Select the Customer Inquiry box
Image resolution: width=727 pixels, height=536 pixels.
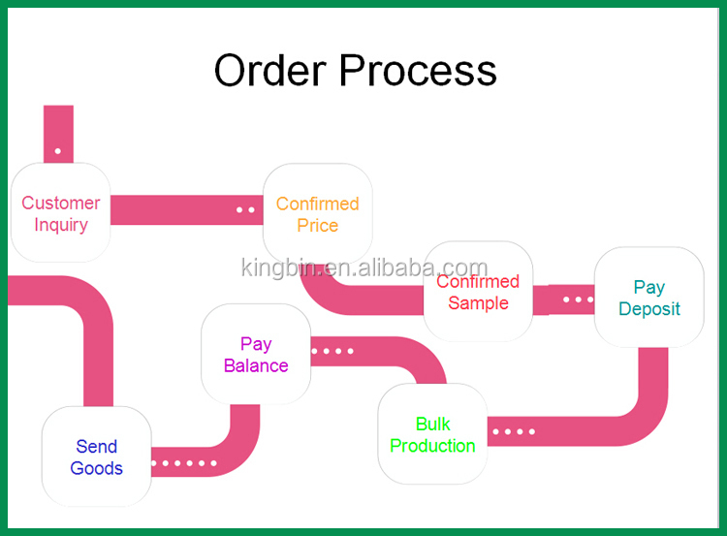(x=60, y=213)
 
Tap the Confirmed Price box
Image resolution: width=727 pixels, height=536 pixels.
(x=317, y=214)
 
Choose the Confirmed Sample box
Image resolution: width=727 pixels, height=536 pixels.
(x=478, y=292)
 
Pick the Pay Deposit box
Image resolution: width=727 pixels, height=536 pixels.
(x=648, y=298)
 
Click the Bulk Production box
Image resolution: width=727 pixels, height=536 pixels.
(x=432, y=434)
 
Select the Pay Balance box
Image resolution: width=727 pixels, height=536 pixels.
(x=256, y=355)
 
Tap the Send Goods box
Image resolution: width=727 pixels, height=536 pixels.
(x=96, y=457)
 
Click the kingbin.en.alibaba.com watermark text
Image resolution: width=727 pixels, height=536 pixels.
(x=364, y=268)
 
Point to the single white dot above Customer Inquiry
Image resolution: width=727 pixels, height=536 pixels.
(x=58, y=151)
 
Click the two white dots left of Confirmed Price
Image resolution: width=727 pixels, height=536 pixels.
(x=245, y=209)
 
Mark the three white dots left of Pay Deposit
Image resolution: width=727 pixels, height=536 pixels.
(x=578, y=300)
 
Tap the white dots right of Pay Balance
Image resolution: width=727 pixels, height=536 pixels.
(x=332, y=351)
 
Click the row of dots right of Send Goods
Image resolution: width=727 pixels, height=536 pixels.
(x=184, y=463)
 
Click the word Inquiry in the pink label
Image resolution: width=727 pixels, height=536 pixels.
(x=61, y=225)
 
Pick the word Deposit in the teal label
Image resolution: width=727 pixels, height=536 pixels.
(x=649, y=309)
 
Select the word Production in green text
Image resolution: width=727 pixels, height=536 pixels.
(x=432, y=446)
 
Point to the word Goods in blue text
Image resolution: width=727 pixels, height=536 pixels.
(x=97, y=468)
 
